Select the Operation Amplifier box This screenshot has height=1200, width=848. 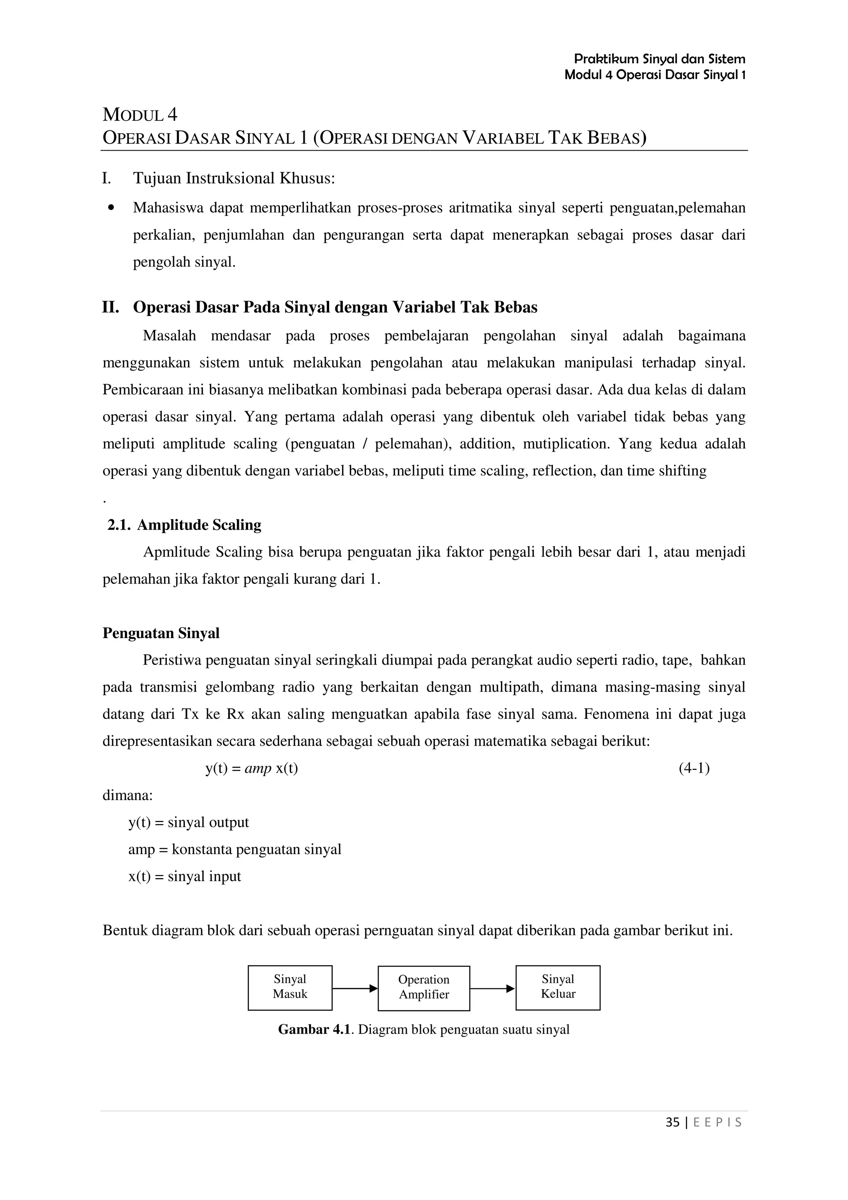(x=424, y=988)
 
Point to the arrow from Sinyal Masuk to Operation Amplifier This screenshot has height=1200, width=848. (x=355, y=988)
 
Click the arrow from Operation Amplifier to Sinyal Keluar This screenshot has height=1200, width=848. (x=492, y=988)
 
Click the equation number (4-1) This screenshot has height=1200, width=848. (x=694, y=768)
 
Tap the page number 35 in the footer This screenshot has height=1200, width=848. (x=672, y=1122)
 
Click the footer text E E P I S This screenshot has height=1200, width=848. (x=718, y=1122)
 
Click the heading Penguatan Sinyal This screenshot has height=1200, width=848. (x=161, y=634)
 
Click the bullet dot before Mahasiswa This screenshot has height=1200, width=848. (x=111, y=208)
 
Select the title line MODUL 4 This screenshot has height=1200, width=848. (x=140, y=114)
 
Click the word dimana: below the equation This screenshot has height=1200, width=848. (x=128, y=795)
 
